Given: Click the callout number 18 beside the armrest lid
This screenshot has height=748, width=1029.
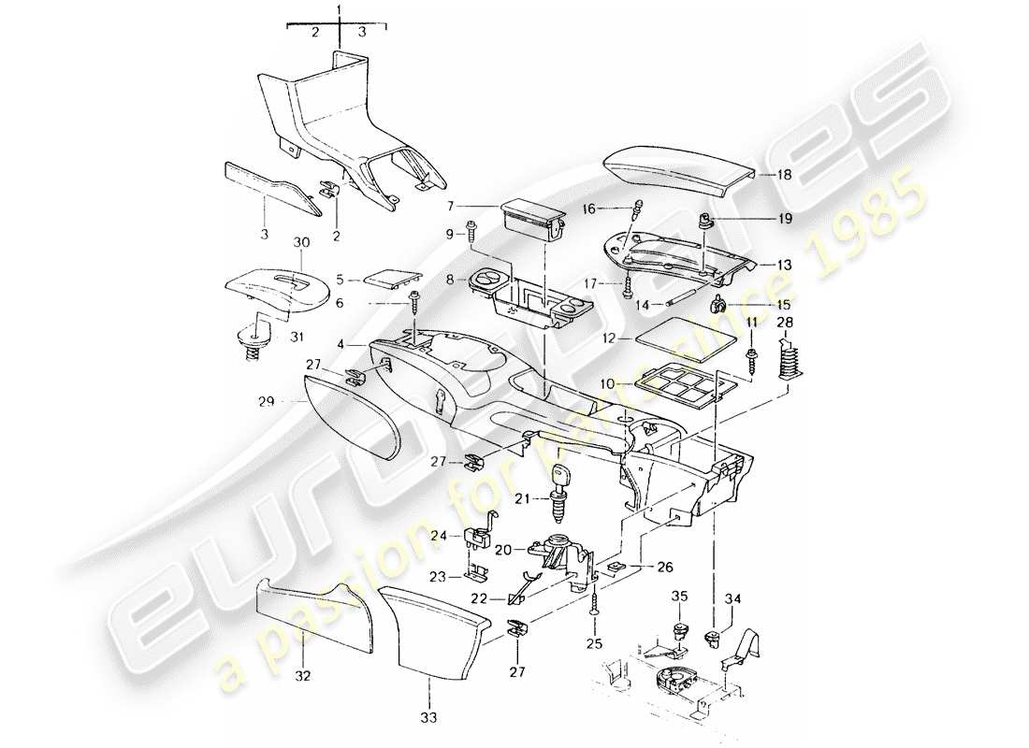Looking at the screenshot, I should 783,175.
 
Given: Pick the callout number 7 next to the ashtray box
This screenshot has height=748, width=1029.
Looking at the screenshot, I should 476,206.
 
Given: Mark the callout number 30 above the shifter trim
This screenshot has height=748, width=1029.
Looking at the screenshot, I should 301,242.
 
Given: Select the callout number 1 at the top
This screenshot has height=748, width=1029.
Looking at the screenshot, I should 339,11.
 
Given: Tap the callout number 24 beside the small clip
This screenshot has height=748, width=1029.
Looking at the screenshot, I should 440,536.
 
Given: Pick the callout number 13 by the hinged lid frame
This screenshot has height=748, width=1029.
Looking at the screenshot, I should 783,266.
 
